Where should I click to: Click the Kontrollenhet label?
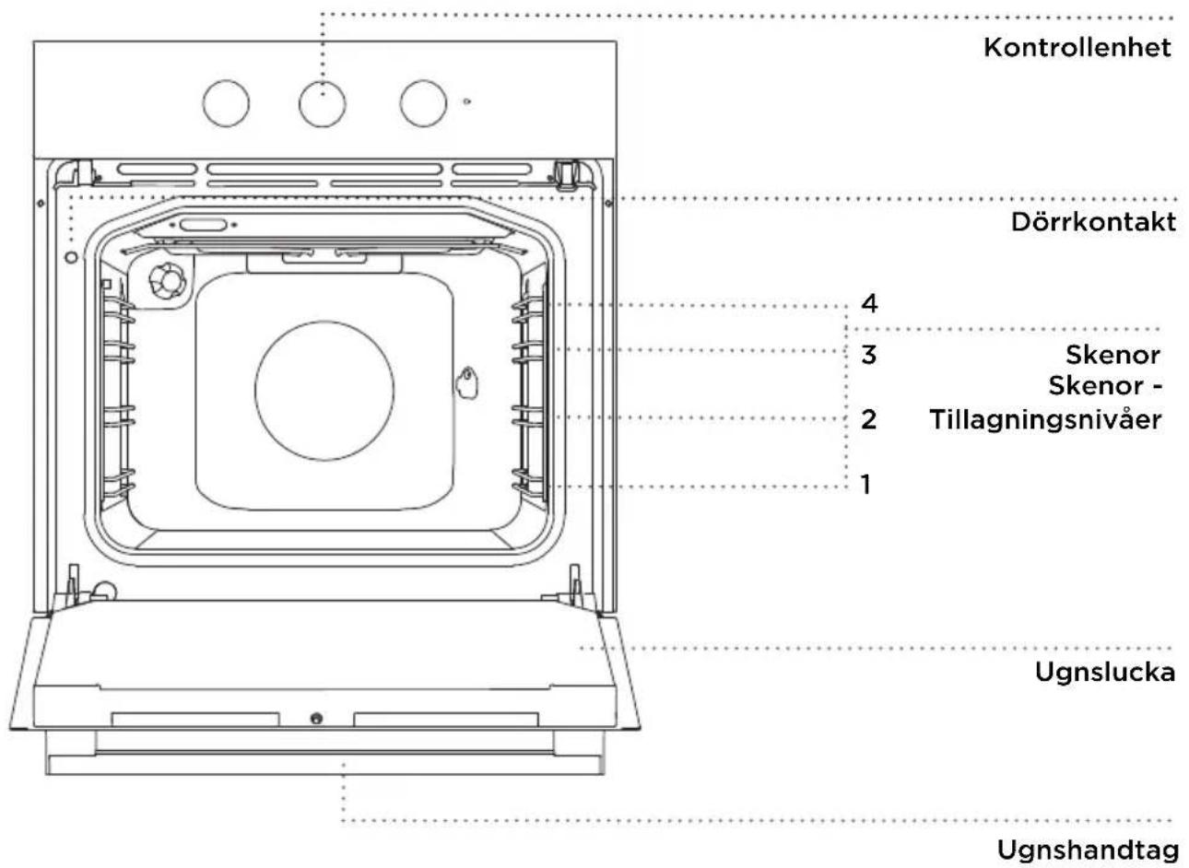pos(1077,48)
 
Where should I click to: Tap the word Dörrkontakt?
pos(1093,222)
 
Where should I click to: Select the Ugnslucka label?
pos(1105,673)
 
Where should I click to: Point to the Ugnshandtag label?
pos(1089,850)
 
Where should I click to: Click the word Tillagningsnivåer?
pos(1046,420)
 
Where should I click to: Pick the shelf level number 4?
pos(869,303)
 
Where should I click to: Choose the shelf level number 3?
pos(869,355)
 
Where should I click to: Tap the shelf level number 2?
pos(869,419)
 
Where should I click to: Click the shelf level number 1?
pos(866,485)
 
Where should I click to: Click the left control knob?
pos(226,103)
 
